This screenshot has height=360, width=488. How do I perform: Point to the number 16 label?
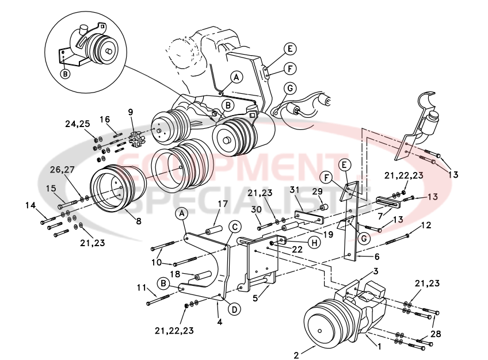click(105, 119)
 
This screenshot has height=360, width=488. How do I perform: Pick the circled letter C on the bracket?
click(235, 227)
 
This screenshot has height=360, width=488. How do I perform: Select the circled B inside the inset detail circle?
click(65, 74)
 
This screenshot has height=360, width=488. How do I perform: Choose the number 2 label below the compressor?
click(296, 355)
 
